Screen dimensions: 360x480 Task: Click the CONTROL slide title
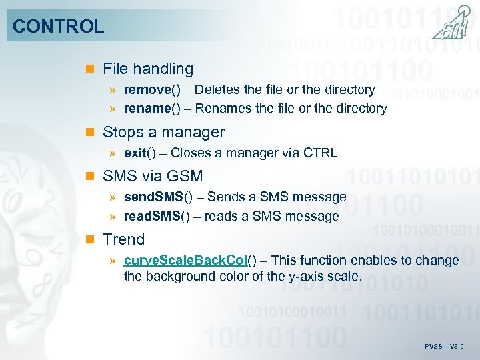pos(59,27)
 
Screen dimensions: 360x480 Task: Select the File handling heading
pos(148,69)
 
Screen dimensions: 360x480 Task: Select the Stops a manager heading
pos(163,132)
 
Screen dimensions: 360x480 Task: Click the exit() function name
pos(140,153)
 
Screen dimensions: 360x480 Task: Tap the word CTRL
pos(321,153)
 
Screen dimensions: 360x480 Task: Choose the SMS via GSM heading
pos(153,176)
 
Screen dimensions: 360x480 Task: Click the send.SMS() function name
pos(158,197)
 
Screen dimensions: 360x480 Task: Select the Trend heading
pos(123,239)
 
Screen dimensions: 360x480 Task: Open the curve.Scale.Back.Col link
pos(186,260)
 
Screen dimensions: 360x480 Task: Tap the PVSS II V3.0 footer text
pos(444,347)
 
